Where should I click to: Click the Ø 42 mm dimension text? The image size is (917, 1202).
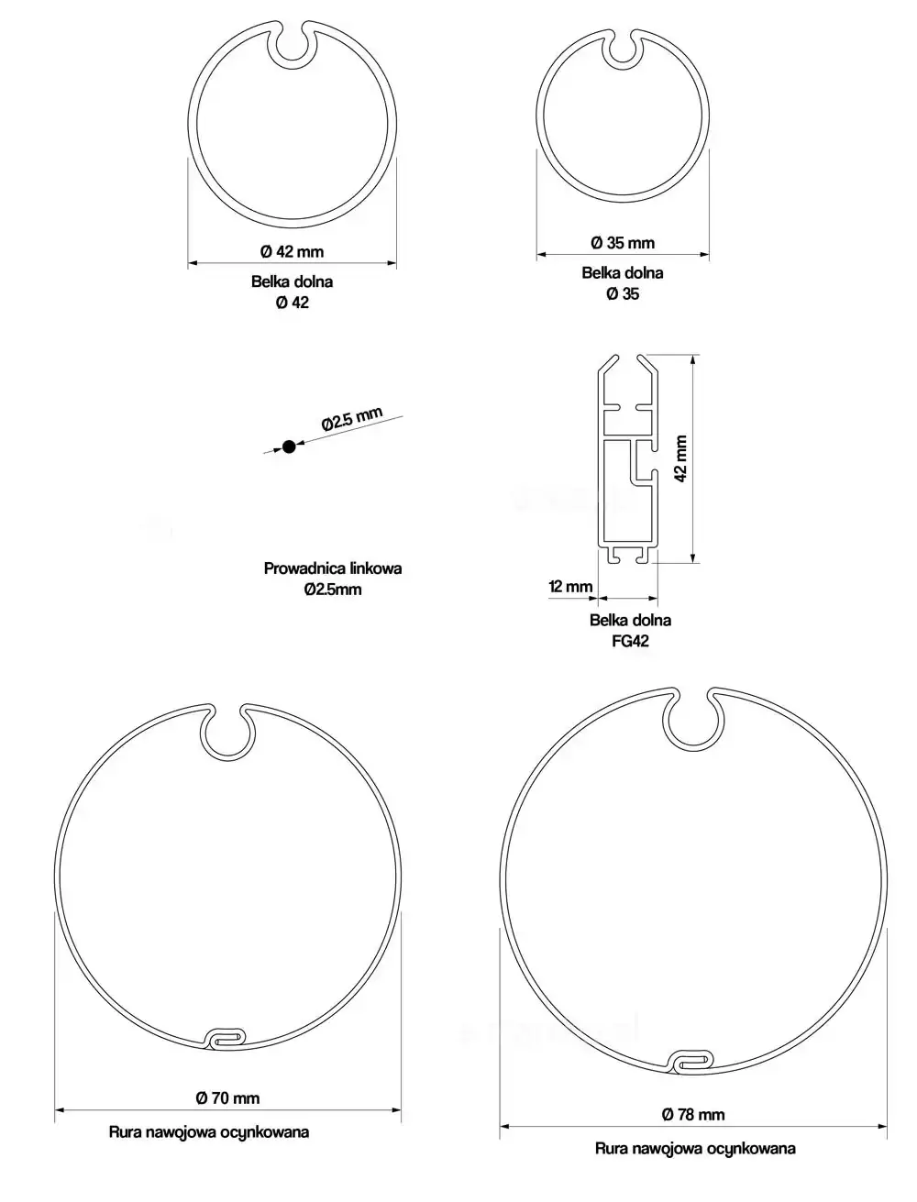292,252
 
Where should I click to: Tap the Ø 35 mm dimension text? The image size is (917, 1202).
623,243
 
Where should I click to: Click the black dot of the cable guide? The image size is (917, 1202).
289,447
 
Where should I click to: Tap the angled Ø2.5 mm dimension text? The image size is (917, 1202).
351,419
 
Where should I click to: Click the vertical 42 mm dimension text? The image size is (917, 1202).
680,459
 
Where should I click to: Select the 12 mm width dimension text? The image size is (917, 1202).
570,587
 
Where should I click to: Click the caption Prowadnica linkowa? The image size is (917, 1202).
333,568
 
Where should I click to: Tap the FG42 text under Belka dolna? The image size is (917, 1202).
630,641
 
